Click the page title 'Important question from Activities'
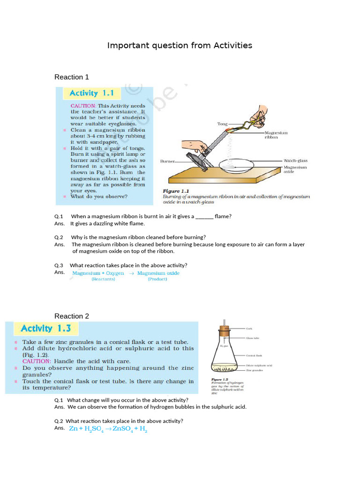tap(180, 45)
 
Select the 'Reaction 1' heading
tap(71, 77)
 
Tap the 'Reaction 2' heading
tap(71, 316)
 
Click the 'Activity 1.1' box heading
tap(91, 93)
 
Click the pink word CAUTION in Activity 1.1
tap(83, 106)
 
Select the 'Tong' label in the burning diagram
tap(222, 124)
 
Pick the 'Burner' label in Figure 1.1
tap(167, 161)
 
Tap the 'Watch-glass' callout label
tap(296, 161)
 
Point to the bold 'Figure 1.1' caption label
tap(175, 191)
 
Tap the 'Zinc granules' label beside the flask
tap(255, 370)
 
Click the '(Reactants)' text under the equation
tap(103, 279)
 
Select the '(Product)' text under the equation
tap(157, 279)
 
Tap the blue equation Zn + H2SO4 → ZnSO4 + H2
tap(108, 429)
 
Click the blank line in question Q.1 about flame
tap(204, 217)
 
